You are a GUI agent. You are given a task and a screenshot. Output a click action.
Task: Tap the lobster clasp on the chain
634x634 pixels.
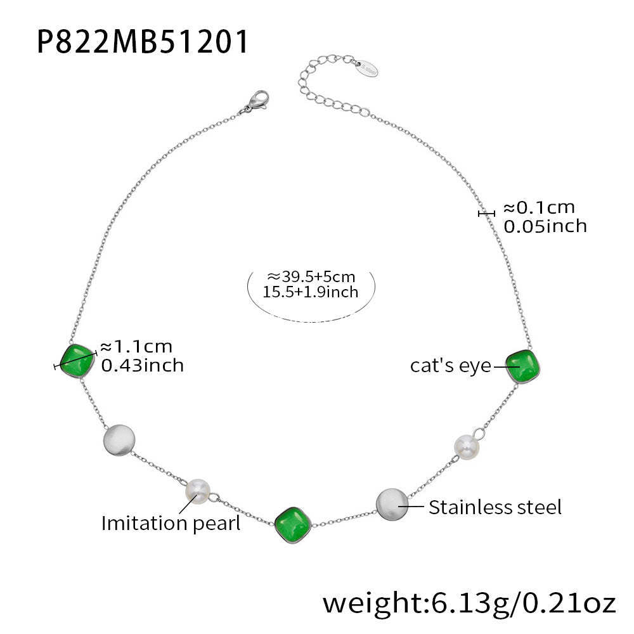click(255, 102)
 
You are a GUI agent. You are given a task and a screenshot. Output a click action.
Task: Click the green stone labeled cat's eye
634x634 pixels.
click(524, 365)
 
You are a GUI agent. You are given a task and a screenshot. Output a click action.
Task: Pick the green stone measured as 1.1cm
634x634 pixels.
click(77, 360)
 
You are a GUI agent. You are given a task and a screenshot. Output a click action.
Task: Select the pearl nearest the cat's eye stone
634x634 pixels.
click(467, 446)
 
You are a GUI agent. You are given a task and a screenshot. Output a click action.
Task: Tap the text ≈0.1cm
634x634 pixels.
click(539, 207)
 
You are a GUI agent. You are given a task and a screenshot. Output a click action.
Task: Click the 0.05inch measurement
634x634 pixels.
click(545, 226)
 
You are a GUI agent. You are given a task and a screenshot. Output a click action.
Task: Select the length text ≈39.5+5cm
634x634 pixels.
click(311, 276)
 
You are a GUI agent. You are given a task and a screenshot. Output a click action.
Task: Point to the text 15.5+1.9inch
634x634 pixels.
click(311, 292)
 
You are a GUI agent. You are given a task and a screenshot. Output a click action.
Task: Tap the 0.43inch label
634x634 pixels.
click(143, 365)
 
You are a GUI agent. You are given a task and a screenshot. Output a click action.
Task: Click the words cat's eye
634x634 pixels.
click(450, 366)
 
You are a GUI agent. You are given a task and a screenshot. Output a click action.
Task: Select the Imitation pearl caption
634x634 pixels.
click(171, 523)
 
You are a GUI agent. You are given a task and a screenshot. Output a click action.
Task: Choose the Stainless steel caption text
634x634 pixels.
click(495, 507)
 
